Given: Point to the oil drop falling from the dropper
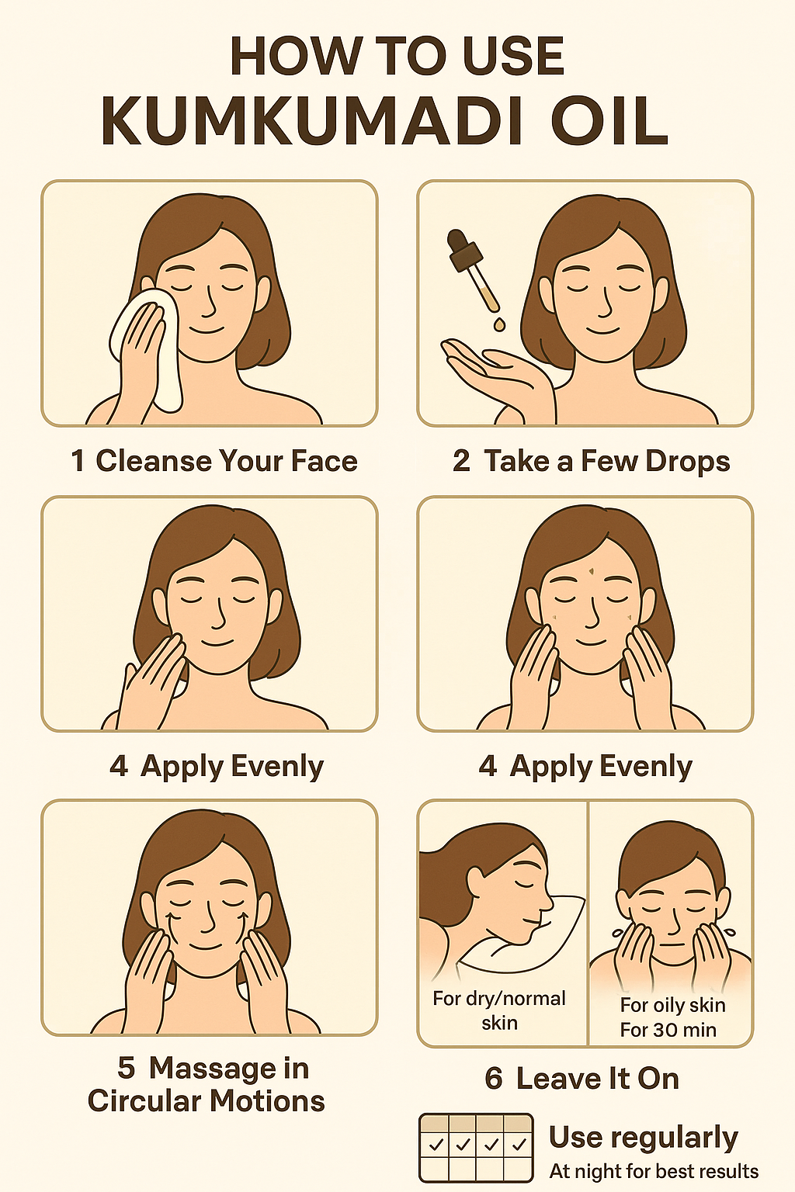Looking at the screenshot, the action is point(499,324).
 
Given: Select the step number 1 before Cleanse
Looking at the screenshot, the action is point(78,461).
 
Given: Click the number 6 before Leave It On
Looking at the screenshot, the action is point(494,1079).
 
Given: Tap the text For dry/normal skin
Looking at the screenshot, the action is point(499,1010).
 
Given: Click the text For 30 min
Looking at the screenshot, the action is point(668,1030).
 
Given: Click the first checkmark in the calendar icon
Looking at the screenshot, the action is point(436,1144).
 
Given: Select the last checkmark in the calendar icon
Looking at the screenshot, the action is point(519,1144).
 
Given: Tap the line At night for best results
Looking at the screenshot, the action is point(654,1171).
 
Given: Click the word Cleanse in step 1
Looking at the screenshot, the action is point(153,461).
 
